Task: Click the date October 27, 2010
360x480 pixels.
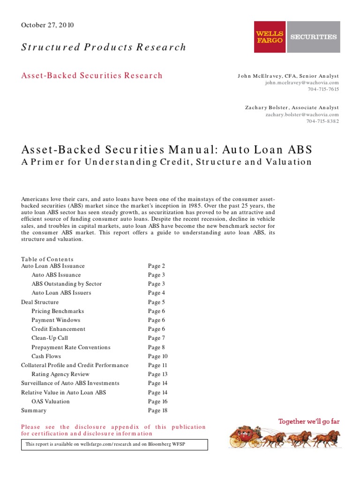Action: click(47, 25)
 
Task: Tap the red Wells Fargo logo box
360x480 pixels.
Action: click(270, 37)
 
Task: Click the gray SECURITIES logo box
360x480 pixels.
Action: click(314, 37)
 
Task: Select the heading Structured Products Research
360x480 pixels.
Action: click(104, 47)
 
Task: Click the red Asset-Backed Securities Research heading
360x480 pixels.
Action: click(92, 75)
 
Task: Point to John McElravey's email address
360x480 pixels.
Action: click(302, 82)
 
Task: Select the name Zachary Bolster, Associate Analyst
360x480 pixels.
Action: click(292, 107)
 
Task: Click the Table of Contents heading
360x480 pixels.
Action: click(47, 259)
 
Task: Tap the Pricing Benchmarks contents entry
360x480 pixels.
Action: click(58, 311)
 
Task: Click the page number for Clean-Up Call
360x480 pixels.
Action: click(157, 338)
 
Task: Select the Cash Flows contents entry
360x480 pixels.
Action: click(46, 356)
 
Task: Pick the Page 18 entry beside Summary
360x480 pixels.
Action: click(157, 411)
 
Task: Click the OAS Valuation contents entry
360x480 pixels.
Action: click(50, 402)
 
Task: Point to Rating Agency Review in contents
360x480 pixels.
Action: click(60, 375)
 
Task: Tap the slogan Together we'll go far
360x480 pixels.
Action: click(309, 421)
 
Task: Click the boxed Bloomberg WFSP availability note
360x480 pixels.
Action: click(114, 444)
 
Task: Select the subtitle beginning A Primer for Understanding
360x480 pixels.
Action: click(166, 162)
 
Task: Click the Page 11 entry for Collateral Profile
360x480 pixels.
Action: click(157, 365)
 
